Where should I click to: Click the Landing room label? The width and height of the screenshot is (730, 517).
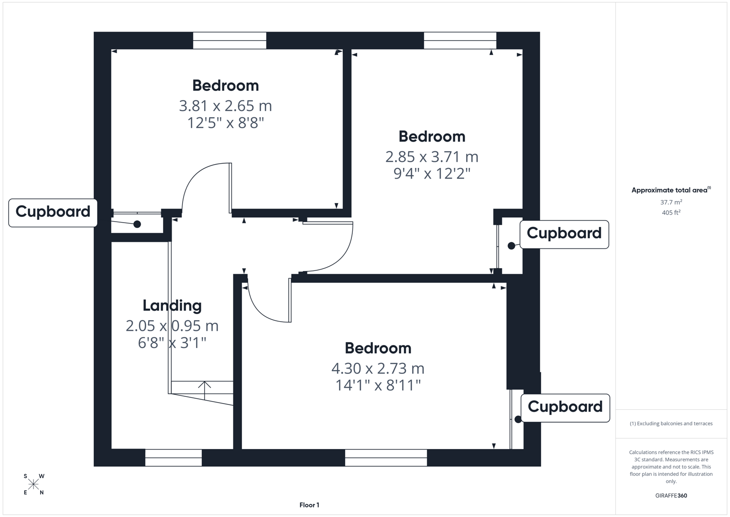coord(172,305)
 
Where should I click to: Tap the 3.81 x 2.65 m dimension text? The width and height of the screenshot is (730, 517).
coord(225,105)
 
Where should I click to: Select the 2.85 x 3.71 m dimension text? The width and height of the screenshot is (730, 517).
coord(432,157)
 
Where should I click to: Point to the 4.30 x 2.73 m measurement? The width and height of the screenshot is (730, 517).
coord(378,368)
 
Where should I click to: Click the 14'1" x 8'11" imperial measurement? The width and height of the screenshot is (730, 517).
coord(378,385)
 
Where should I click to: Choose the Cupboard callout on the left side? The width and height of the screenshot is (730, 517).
coord(53,212)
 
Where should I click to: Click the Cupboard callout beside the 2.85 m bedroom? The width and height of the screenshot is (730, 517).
coord(564,234)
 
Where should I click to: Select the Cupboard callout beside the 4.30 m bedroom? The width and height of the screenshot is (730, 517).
coord(565,407)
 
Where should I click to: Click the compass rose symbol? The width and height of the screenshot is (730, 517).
coord(33,484)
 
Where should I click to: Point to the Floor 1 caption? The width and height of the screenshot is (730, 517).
coord(309,505)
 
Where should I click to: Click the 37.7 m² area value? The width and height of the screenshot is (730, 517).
coord(671,202)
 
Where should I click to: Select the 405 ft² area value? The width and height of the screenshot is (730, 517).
coord(671,213)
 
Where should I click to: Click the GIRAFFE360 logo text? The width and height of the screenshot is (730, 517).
coord(671,495)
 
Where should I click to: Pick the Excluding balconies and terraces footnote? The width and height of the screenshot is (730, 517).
coord(671,424)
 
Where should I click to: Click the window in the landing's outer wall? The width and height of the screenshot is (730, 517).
coord(174,458)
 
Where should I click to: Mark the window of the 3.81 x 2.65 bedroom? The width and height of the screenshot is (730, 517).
coord(229,41)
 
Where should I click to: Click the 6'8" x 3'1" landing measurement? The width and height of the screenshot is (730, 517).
coord(172,343)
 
